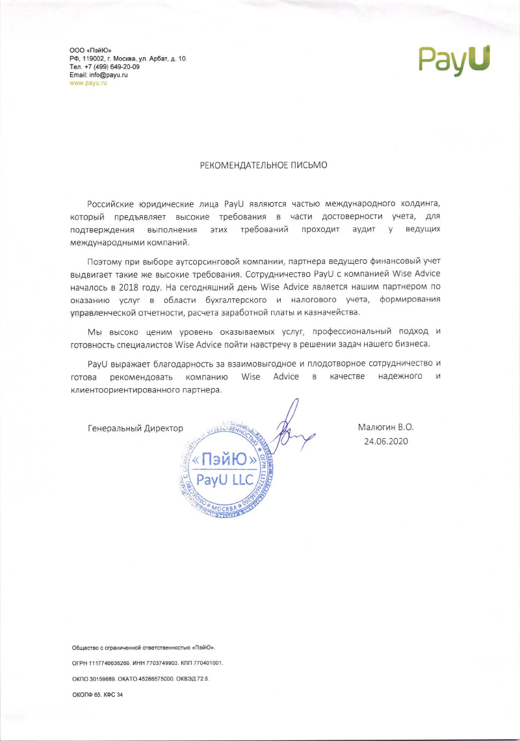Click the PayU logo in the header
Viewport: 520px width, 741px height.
pos(454,59)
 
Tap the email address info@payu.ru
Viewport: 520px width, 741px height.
pos(108,75)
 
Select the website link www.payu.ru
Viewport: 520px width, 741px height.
pos(88,83)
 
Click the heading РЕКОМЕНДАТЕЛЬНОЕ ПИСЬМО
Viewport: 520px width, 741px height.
pos(263,165)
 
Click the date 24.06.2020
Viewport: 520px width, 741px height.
pos(385,441)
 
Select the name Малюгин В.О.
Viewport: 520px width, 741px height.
pos(385,428)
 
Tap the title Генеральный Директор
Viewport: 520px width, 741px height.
pos(135,428)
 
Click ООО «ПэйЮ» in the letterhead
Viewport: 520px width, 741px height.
pos(90,51)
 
